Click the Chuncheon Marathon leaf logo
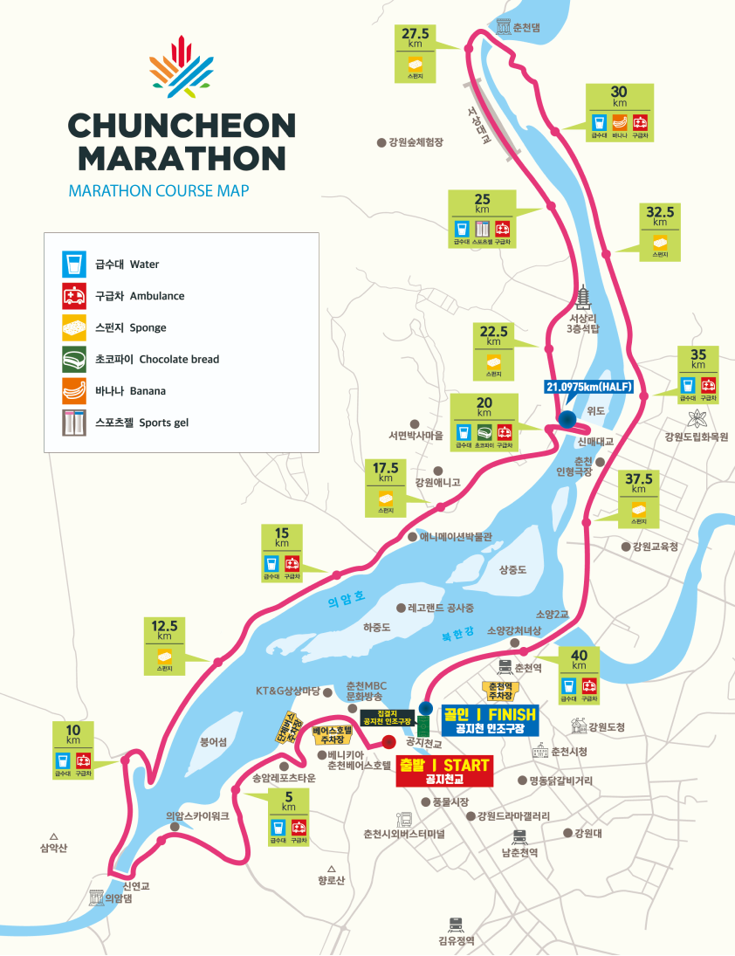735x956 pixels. (x=181, y=67)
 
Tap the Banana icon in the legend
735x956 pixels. (x=72, y=391)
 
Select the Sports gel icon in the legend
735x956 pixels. (x=72, y=423)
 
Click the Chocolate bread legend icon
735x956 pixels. (x=72, y=359)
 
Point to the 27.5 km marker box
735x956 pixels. (x=415, y=54)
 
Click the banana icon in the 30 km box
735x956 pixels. (x=620, y=122)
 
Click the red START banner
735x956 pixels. (x=443, y=772)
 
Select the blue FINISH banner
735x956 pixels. (x=490, y=719)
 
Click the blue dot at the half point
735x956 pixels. (x=567, y=418)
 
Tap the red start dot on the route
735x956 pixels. (x=388, y=743)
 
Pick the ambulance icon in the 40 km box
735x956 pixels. (x=591, y=684)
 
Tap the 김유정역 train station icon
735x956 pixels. (x=456, y=924)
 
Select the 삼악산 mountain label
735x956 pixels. (x=53, y=848)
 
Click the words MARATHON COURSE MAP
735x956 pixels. (x=157, y=190)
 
